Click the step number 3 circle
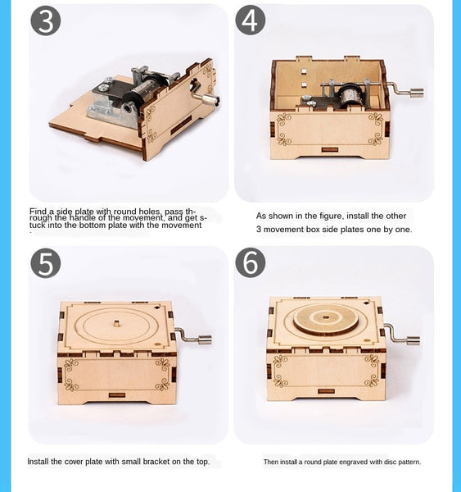(x=46, y=20)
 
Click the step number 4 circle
(x=251, y=20)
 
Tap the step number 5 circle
(x=46, y=263)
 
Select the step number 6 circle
(x=251, y=263)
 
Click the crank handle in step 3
(x=208, y=99)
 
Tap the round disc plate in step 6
(x=325, y=319)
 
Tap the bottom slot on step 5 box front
(x=117, y=395)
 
